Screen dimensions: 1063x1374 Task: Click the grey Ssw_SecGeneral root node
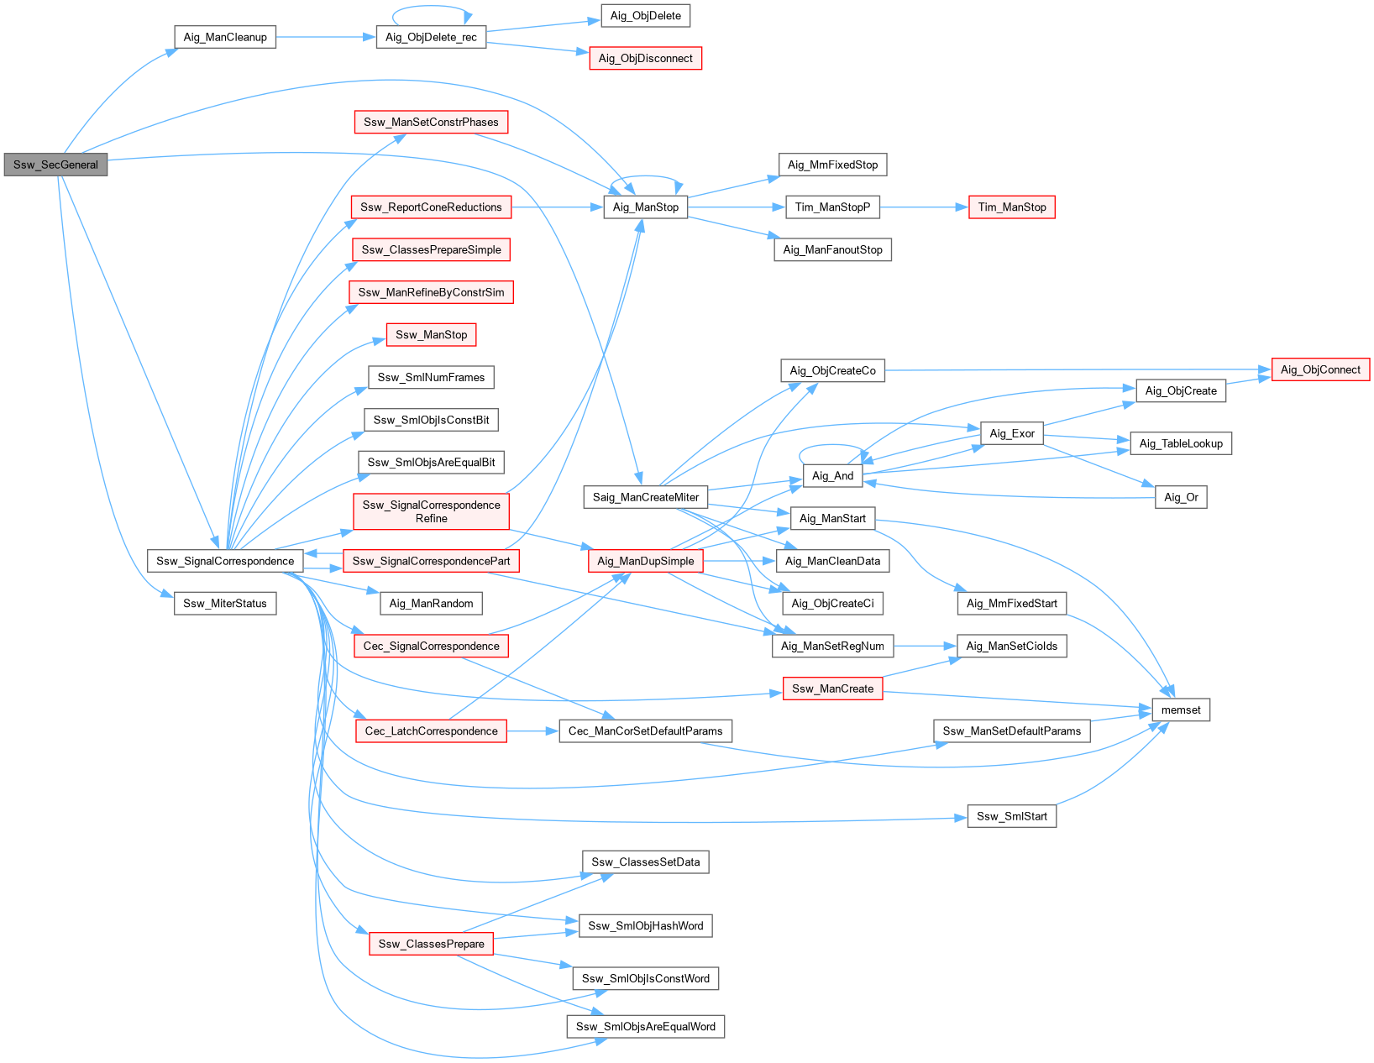click(55, 165)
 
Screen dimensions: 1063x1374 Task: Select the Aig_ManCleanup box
click(225, 37)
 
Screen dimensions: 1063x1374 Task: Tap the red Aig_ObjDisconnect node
click(645, 58)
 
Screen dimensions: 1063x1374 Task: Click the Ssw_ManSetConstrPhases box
click(431, 122)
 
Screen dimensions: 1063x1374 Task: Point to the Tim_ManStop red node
click(1011, 207)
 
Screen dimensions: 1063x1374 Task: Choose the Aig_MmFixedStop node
click(832, 165)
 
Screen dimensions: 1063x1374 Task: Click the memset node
click(1180, 710)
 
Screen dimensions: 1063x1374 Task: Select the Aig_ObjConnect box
click(1320, 369)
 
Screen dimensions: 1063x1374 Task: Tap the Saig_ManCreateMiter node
click(645, 497)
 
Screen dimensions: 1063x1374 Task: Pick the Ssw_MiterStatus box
click(225, 603)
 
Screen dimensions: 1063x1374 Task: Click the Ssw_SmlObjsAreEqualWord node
click(645, 1026)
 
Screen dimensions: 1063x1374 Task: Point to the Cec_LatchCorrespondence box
click(431, 730)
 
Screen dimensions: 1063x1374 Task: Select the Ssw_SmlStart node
click(1011, 816)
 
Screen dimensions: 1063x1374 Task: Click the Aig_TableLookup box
click(1180, 443)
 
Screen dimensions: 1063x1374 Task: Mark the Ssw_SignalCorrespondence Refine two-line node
click(431, 511)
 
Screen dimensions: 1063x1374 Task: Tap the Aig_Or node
click(1180, 497)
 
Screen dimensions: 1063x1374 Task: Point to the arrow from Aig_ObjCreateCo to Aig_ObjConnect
click(1075, 369)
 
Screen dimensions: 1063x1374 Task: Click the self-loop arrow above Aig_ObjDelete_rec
click(431, 7)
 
